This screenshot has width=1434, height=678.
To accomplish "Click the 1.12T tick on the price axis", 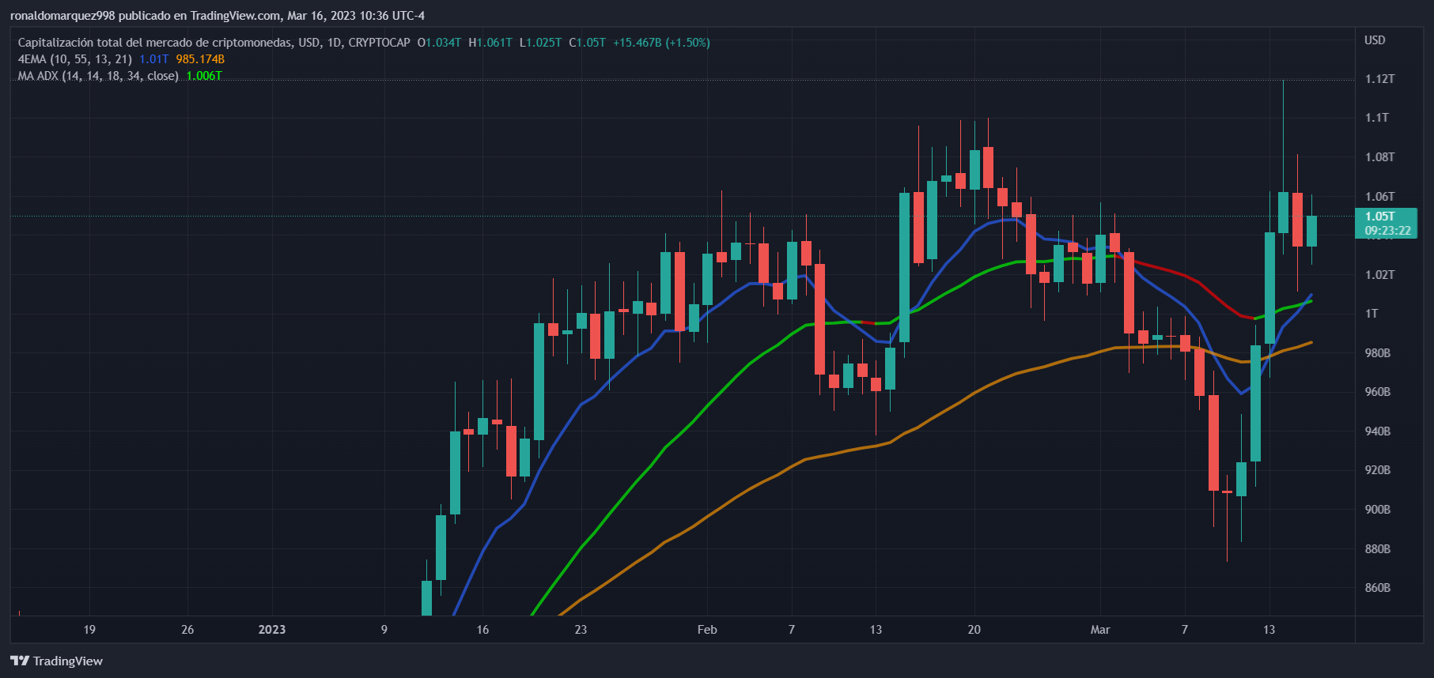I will click(1379, 79).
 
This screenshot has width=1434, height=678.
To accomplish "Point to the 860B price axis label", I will click(1377, 588).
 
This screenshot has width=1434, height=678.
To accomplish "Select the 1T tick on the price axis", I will click(1372, 314).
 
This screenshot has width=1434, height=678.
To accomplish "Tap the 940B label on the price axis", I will click(1377, 431).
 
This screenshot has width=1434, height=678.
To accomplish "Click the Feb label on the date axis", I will click(707, 630).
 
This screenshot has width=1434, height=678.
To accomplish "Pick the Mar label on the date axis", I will click(1100, 630).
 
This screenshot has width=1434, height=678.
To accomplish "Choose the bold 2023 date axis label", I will click(272, 630).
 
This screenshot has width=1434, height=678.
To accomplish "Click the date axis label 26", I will click(187, 630).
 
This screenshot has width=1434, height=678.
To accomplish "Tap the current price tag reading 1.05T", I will click(1379, 217).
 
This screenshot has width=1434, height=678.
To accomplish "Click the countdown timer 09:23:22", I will click(1387, 231).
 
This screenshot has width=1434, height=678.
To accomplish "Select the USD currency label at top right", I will click(1375, 40).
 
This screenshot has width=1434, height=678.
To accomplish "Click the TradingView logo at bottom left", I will click(57, 661).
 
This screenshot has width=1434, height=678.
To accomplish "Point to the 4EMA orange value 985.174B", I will click(200, 59).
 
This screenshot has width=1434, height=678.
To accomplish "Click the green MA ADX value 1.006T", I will click(204, 76).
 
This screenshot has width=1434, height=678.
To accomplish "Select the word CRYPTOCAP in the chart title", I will click(379, 43).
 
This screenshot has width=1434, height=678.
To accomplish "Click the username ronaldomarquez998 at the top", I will click(62, 16).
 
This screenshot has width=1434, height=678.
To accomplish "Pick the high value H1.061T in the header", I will click(490, 43).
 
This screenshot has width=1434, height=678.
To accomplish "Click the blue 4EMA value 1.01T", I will click(153, 59).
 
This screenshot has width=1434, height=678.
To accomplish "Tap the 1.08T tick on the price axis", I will click(1379, 157).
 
